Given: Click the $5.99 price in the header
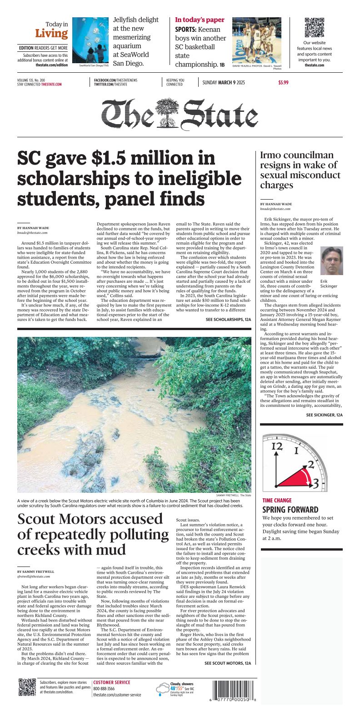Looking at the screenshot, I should [x=283, y=83].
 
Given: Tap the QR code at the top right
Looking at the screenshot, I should [x=314, y=28].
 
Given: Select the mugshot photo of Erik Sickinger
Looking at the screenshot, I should [x=331, y=261].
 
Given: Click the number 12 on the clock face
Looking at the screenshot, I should [x=277, y=446].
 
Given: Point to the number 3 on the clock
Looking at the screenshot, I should [x=315, y=484].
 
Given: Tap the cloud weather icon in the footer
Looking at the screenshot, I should [x=162, y=691].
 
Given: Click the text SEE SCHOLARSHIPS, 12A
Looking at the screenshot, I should [x=228, y=320].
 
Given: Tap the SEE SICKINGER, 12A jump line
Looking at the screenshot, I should [x=324, y=415].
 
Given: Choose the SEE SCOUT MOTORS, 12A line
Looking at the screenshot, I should [x=227, y=663].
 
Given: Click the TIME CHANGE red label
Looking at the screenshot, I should [x=277, y=501].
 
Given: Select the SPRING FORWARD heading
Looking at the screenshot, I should [x=290, y=510].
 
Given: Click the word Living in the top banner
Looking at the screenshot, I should [x=51, y=34].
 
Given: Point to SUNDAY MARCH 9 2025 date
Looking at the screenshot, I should [x=223, y=83].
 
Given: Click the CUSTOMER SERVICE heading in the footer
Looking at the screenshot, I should [x=112, y=682].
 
